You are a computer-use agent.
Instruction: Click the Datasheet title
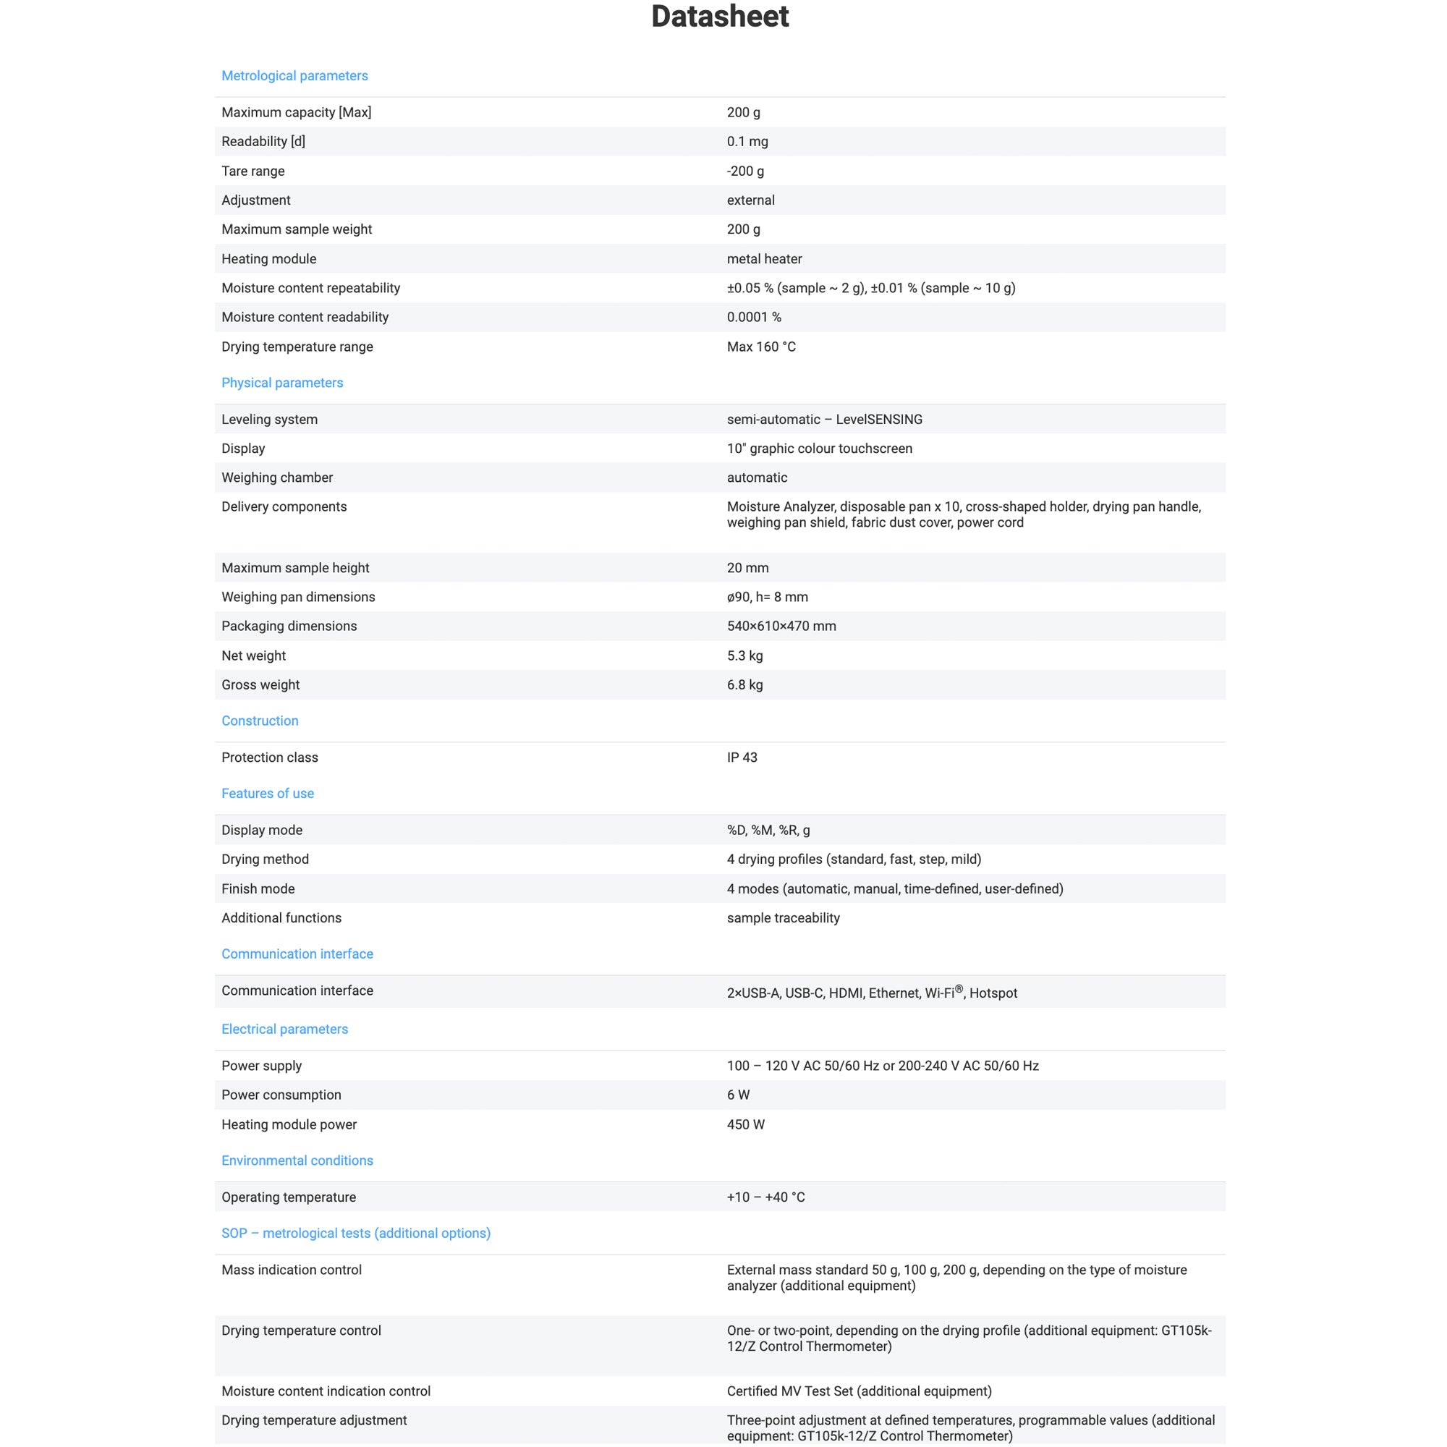pos(719,17)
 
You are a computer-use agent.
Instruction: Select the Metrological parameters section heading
pos(294,76)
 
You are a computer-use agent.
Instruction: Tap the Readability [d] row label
pos(263,142)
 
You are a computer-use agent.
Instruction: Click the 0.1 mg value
pos(747,142)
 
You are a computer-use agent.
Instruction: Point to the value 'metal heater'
pos(764,259)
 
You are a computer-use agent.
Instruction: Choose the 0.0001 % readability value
pos(753,318)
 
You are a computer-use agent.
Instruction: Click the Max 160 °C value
pos(761,347)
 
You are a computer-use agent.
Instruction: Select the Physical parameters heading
pos(281,383)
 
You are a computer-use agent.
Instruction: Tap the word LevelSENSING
pos(878,420)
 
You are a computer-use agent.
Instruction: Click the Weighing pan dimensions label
pos(298,597)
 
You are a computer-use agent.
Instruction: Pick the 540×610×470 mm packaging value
pos(781,626)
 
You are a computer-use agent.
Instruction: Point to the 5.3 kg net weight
pos(744,656)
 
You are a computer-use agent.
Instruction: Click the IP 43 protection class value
pos(742,758)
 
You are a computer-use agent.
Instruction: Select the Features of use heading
pos(268,793)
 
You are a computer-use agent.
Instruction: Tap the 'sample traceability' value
pos(783,918)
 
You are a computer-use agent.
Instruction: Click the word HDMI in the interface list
pos(846,994)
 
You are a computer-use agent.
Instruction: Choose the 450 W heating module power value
pos(745,1125)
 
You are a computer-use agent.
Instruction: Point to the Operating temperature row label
pos(289,1197)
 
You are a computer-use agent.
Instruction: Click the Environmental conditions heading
pos(297,1161)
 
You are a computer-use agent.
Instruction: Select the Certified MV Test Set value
pos(858,1391)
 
